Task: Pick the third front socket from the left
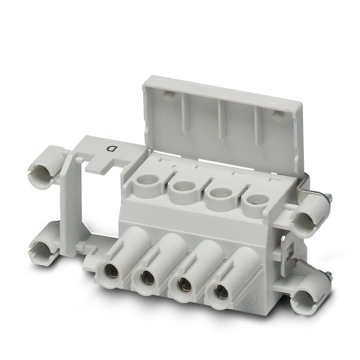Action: click(184, 282)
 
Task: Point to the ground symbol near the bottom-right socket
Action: click(245, 297)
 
